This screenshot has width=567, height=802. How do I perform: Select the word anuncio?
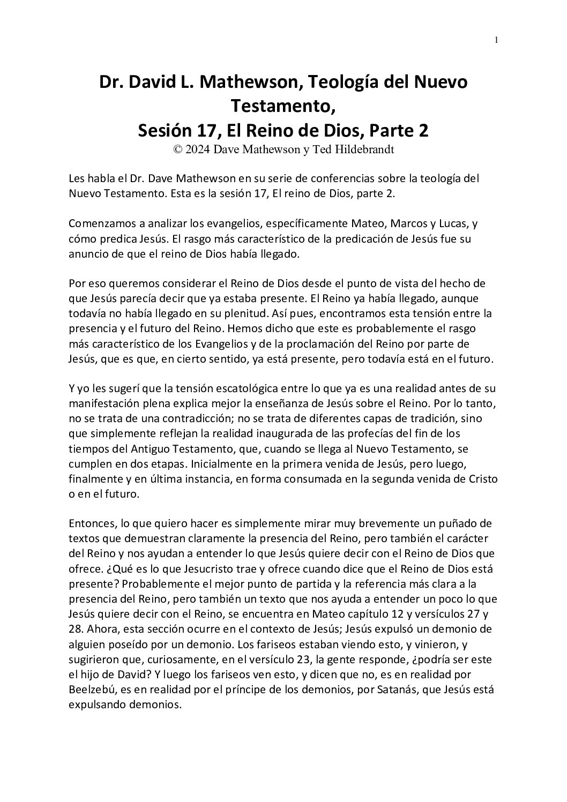pos(87,254)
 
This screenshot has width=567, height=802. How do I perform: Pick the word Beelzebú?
pos(91,690)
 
